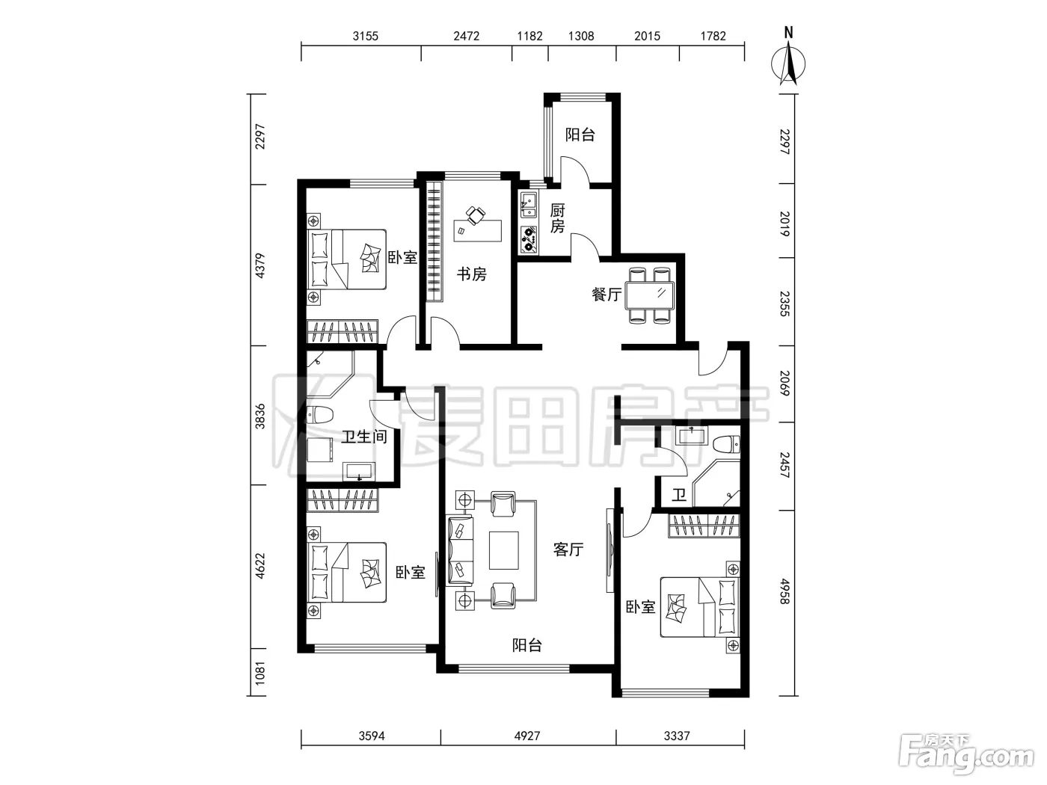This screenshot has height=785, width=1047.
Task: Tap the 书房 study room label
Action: (471, 274)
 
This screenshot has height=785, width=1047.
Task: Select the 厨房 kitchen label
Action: (557, 218)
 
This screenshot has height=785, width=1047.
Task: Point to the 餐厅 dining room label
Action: (607, 295)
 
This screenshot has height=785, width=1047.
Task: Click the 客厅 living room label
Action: (568, 549)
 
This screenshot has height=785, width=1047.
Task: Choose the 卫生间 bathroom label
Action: (364, 437)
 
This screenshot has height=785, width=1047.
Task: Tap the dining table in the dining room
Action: (650, 295)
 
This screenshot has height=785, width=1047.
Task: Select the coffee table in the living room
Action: (504, 550)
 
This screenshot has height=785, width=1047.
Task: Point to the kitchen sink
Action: (529, 205)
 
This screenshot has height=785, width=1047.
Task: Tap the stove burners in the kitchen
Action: (529, 240)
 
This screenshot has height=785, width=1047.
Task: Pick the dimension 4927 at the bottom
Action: (527, 736)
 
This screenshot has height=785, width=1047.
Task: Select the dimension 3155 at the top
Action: (366, 36)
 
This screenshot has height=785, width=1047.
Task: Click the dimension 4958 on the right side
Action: (785, 591)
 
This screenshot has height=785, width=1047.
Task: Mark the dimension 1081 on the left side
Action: (260, 673)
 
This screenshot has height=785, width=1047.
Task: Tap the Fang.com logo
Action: (966, 754)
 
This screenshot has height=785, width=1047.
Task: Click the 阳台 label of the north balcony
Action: (580, 135)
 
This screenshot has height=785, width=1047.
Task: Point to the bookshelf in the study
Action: (434, 241)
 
